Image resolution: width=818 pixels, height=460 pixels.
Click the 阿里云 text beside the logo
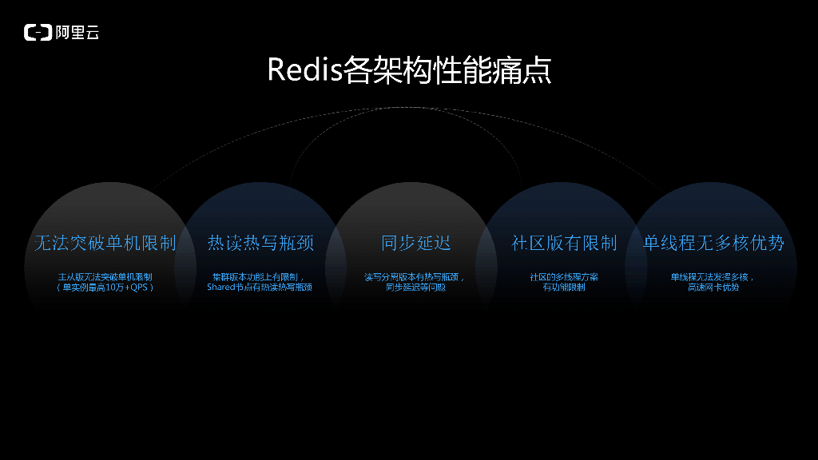pos(77,33)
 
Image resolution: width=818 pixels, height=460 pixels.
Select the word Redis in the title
pos(304,70)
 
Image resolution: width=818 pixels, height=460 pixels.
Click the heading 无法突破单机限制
pos(105,243)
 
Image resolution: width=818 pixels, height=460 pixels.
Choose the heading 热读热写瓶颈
pos(260,243)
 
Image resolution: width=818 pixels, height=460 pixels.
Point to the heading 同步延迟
pos(416,243)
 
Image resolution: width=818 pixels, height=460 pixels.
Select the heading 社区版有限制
pos(564,243)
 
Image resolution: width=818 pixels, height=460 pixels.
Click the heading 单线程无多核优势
pos(713,243)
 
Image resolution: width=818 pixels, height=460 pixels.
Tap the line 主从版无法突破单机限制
pos(105,277)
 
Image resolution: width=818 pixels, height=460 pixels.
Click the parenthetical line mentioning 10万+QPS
pos(105,287)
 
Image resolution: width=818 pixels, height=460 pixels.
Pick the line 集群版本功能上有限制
pos(259,277)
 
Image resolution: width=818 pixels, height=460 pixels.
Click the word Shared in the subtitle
pos(220,287)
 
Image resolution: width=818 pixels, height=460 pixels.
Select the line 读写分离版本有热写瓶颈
pos(415,277)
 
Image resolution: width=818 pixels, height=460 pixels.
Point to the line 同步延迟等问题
pos(415,287)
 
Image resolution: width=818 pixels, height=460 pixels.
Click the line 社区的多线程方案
pos(564,277)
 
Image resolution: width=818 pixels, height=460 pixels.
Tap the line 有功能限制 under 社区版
pos(564,287)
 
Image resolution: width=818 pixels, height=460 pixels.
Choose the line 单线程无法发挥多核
pos(713,277)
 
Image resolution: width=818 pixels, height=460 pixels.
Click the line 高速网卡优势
pos(713,287)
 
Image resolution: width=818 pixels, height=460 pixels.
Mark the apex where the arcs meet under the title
pos(409,107)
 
